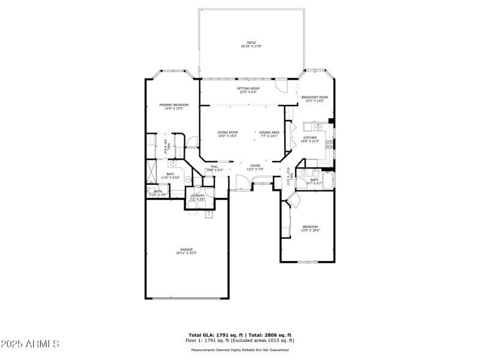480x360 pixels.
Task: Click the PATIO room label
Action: (x=251, y=43)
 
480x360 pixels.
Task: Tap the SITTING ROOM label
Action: (x=248, y=88)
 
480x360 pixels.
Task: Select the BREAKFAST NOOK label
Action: (x=314, y=97)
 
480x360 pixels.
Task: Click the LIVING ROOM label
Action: (x=227, y=132)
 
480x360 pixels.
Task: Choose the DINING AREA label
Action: (x=269, y=132)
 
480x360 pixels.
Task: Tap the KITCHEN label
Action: (x=310, y=138)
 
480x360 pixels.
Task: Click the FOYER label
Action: (x=255, y=166)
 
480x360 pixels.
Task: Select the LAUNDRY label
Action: (x=197, y=196)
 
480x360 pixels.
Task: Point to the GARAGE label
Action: (x=187, y=250)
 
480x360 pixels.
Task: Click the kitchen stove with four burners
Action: (x=329, y=144)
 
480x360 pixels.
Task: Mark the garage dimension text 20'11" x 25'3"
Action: (x=187, y=253)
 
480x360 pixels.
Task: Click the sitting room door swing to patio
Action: (x=280, y=86)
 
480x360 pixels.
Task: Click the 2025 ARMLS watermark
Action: (x=30, y=344)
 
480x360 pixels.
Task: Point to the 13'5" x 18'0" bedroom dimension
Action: (x=310, y=230)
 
